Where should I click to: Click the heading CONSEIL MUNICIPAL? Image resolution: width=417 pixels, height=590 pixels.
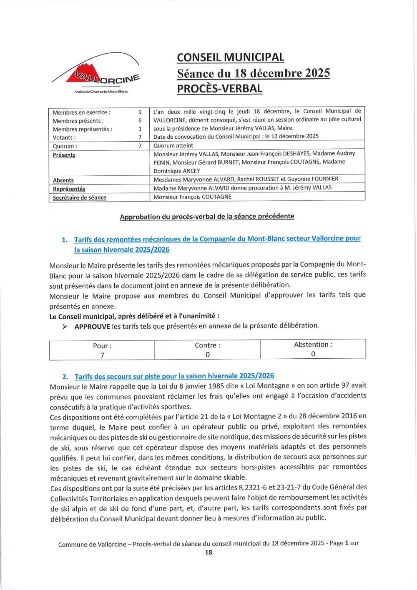pyautogui.click(x=231, y=57)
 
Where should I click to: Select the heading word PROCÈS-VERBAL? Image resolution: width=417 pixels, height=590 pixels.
pyautogui.click(x=220, y=89)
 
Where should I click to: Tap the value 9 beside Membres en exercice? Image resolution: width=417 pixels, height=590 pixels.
pyautogui.click(x=140, y=112)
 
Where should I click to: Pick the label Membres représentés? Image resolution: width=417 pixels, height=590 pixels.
pyautogui.click(x=82, y=129)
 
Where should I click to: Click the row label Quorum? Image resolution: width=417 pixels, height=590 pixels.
pyautogui.click(x=65, y=146)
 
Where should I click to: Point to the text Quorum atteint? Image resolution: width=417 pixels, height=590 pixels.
pyautogui.click(x=173, y=145)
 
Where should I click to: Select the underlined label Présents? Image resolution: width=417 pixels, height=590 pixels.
pyautogui.click(x=64, y=155)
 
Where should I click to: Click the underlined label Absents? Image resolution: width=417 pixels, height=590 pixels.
pyautogui.click(x=63, y=180)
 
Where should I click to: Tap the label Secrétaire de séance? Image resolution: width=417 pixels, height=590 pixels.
pyautogui.click(x=79, y=197)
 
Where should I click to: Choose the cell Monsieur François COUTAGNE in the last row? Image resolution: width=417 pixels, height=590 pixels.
pyautogui.click(x=192, y=197)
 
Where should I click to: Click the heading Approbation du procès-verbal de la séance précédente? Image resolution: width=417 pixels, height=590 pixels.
pyautogui.click(x=207, y=217)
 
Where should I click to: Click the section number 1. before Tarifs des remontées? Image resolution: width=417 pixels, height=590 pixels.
pyautogui.click(x=65, y=240)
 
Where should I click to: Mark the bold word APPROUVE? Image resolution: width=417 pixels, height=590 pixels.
pyautogui.click(x=92, y=327)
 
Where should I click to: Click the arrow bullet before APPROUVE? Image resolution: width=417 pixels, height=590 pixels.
pyautogui.click(x=65, y=327)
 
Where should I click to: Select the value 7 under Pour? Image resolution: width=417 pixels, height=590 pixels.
pyautogui.click(x=102, y=355)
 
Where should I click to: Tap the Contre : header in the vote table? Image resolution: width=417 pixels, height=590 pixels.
pyautogui.click(x=207, y=345)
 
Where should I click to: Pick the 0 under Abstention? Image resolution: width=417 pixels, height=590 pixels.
pyautogui.click(x=313, y=354)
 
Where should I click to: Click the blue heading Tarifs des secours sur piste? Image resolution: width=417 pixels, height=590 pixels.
pyautogui.click(x=174, y=376)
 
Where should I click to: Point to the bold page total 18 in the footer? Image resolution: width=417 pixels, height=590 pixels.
pyautogui.click(x=208, y=552)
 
